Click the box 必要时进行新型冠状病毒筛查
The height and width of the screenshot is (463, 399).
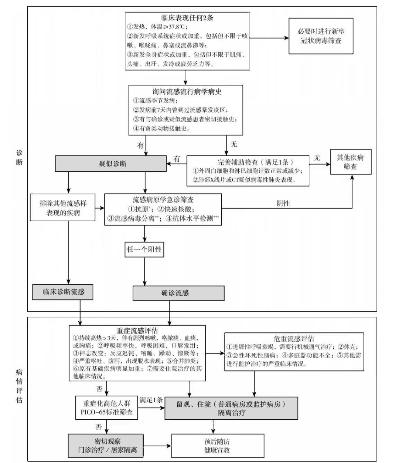point(321,36)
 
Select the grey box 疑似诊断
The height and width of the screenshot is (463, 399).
point(111,164)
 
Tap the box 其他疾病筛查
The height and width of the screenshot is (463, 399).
point(350,162)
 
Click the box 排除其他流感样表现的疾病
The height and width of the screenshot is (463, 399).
point(63,208)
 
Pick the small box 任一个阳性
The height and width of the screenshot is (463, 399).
point(144,249)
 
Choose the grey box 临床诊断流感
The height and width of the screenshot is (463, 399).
point(63,292)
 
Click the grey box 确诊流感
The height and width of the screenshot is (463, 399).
point(178,293)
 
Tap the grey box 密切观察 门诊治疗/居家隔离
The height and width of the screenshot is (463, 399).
point(106,446)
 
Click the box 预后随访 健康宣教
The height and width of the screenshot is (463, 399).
point(217,446)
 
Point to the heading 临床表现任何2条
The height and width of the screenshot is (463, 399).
point(187,17)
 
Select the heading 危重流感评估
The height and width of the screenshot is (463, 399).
point(294,338)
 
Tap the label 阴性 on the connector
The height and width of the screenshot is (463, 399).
point(283,203)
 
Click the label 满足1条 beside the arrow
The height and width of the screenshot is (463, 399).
point(151,400)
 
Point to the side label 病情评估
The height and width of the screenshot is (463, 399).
point(19,385)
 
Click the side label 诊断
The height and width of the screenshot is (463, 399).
point(19,157)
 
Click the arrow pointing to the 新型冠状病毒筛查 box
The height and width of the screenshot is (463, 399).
point(284,37)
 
